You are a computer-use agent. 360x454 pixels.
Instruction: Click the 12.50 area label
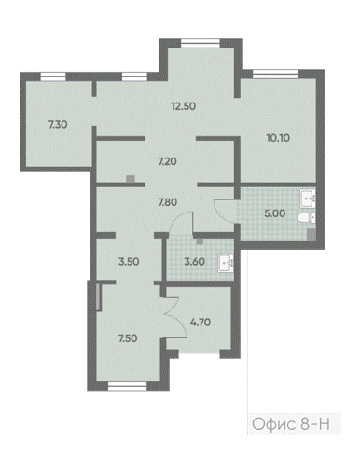pos(184,106)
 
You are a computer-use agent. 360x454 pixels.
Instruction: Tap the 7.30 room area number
pos(58,125)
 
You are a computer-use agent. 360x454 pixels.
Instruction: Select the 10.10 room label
pos(278,137)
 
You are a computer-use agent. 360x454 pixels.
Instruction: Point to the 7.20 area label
pos(167,161)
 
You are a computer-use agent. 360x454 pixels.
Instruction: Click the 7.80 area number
pos(168,202)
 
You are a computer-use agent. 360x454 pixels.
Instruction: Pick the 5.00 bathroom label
pos(275,213)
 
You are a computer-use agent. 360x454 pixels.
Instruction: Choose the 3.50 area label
pos(129,262)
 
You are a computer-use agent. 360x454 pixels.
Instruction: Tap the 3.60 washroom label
pos(194,262)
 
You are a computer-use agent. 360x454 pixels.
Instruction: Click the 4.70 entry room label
pos(201,323)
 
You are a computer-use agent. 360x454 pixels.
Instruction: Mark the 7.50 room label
pos(128,338)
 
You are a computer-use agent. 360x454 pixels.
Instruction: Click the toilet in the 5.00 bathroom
pos(307,218)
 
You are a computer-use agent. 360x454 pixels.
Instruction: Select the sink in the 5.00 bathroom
pos(308,199)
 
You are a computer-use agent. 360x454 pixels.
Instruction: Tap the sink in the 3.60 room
pos(226,264)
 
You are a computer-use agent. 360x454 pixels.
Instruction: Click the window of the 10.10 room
pos(275,74)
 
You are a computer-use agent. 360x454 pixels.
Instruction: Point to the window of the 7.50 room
pos(127,386)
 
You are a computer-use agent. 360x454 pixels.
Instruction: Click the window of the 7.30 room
pos(53,76)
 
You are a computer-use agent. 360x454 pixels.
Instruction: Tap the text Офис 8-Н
pos(291,424)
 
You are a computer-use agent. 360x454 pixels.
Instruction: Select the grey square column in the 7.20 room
pos(131,179)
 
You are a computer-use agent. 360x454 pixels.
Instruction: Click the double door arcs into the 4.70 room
pos(175,317)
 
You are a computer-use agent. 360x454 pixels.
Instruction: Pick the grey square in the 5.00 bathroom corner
pos(312,234)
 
